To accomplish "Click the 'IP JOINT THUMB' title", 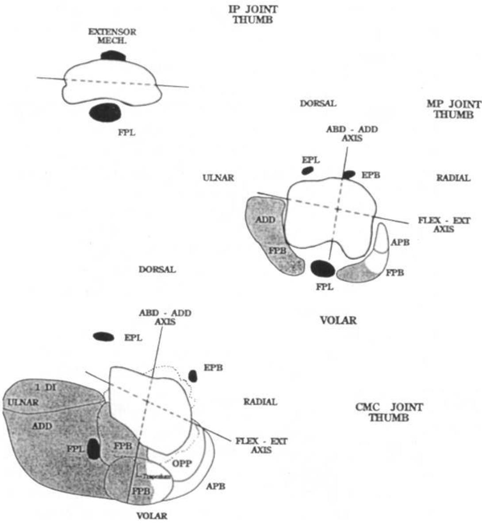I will (x=250, y=14).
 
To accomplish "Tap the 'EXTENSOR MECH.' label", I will (x=112, y=36).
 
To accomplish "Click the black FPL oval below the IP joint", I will (x=105, y=112).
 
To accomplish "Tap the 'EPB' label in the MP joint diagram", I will (x=371, y=175).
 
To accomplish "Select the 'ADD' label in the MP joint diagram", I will (x=266, y=220).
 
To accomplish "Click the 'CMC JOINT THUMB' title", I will (x=389, y=412).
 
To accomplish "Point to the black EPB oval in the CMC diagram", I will (x=193, y=376).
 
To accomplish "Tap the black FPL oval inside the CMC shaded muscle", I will (x=93, y=449).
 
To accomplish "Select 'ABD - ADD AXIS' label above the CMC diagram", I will (x=165, y=317).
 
